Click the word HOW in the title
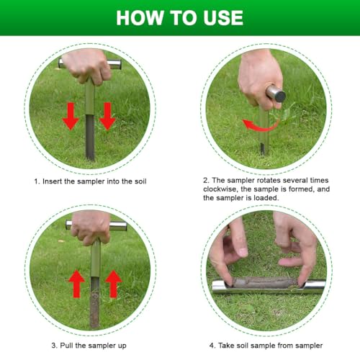(x=140, y=18)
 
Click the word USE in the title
(x=223, y=18)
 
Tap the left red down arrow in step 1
(x=71, y=116)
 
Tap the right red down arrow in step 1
(x=107, y=116)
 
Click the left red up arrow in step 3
(x=77, y=284)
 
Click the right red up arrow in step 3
(x=113, y=284)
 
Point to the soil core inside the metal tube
(x=265, y=283)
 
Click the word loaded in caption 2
(x=266, y=198)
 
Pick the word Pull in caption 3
(x=66, y=346)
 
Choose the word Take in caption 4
(x=226, y=346)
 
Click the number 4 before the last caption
(x=212, y=346)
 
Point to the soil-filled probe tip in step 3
(x=94, y=304)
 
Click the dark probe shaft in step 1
(x=90, y=137)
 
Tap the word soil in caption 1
(x=140, y=181)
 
